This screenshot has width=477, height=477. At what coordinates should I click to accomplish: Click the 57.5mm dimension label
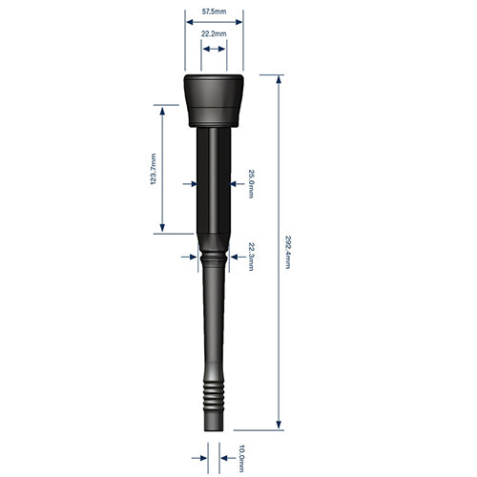tap(214, 10)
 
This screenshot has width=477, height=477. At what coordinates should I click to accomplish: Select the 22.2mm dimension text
tap(214, 33)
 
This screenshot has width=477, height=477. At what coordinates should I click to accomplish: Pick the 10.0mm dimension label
tap(242, 458)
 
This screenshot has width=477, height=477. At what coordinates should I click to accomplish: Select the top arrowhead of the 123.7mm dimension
tap(163, 111)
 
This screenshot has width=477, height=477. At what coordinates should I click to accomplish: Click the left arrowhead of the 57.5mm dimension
tap(188, 24)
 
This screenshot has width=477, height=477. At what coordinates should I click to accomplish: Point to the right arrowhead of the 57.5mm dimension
tap(238, 24)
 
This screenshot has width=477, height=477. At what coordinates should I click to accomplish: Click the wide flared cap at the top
tap(214, 95)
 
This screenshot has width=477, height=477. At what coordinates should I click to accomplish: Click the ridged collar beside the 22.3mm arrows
tap(214, 256)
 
